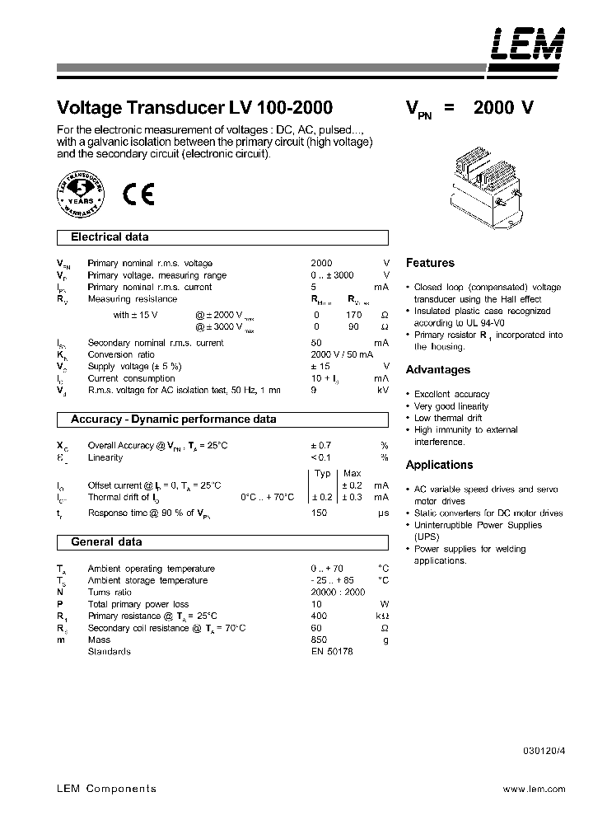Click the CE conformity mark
[138, 194]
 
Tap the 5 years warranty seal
[82, 194]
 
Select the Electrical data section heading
[110, 237]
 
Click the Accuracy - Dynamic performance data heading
[173, 419]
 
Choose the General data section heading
[106, 542]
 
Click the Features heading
[430, 263]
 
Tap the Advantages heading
[438, 370]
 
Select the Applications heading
[440, 465]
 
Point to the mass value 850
[319, 640]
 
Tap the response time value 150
[319, 513]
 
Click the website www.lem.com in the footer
[534, 789]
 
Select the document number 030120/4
[544, 750]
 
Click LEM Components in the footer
[106, 789]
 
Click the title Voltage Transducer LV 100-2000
[194, 107]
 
